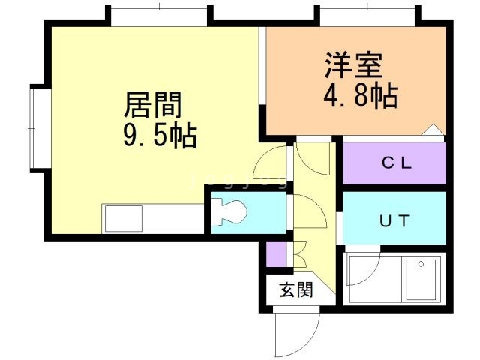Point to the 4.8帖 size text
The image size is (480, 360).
[x=361, y=96]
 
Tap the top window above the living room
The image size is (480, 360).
[x=160, y=15]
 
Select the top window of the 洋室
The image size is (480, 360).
[x=367, y=15]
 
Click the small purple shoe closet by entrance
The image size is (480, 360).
[x=276, y=255]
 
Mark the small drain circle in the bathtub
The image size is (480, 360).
[x=421, y=264]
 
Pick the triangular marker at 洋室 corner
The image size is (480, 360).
[x=432, y=130]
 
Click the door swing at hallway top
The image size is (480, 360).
[x=310, y=156]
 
